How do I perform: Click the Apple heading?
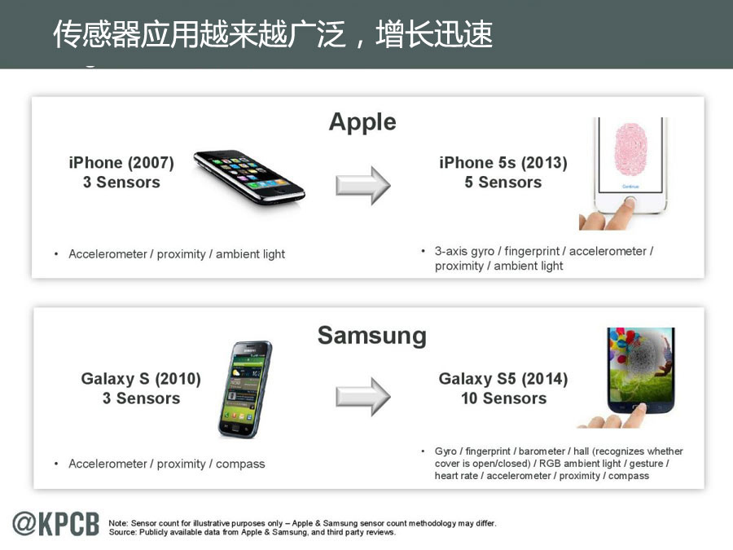[x=362, y=122]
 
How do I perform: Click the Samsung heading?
[x=372, y=337]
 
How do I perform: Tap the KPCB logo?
[x=56, y=523]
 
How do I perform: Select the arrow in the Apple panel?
[x=362, y=185]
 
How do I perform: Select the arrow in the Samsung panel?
[x=362, y=397]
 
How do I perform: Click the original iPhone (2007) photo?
[x=249, y=178]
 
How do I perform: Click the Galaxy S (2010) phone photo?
[x=245, y=389]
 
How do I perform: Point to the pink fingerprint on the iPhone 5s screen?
[x=630, y=150]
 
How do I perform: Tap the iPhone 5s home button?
[x=630, y=203]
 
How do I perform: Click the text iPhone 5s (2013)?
[x=503, y=163]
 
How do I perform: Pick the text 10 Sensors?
[x=503, y=398]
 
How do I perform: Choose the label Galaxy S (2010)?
[x=141, y=379]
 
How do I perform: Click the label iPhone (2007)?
[x=121, y=163]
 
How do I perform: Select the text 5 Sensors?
[x=503, y=183]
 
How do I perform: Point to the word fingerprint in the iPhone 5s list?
[x=532, y=252]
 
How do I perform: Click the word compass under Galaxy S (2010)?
[x=240, y=464]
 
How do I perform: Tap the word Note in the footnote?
[x=118, y=523]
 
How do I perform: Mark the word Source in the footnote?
[x=122, y=532]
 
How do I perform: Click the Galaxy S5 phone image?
[x=640, y=371]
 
